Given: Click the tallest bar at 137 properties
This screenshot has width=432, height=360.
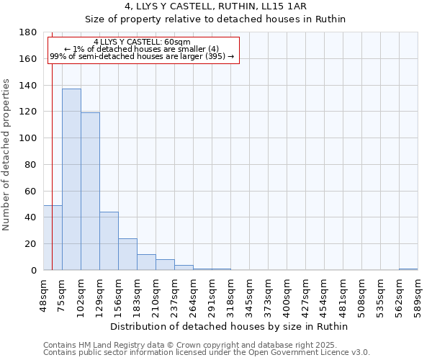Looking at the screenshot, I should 71,179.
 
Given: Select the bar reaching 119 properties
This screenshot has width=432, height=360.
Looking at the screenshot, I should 90,192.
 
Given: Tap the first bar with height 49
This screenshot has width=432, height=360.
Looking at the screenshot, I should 53,238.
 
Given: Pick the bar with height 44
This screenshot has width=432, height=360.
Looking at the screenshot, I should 109,241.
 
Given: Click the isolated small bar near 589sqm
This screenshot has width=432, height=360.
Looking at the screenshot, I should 408,269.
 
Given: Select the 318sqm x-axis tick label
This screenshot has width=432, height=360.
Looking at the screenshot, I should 231,294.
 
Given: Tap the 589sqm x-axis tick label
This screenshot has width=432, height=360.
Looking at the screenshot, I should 418,294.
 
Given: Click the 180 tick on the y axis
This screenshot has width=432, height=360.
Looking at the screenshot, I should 29,32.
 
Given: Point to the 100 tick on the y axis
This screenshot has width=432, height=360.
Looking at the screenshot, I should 29,138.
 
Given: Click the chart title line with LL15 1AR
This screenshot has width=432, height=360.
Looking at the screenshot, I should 215,6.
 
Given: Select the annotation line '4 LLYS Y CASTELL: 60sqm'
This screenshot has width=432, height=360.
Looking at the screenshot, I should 142,42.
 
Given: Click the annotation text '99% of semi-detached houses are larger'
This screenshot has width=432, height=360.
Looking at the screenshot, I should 142,56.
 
